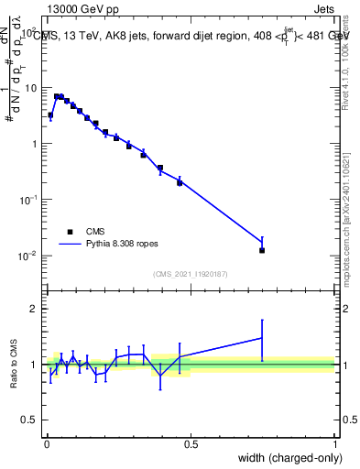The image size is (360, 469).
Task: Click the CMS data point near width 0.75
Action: pyautogui.click(x=262, y=250)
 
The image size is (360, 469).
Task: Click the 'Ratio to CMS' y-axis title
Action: pyautogui.click(x=16, y=364)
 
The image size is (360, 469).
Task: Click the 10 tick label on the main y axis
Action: pyautogui.click(x=32, y=88)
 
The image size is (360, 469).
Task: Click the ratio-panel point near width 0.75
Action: pyautogui.click(x=262, y=338)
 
